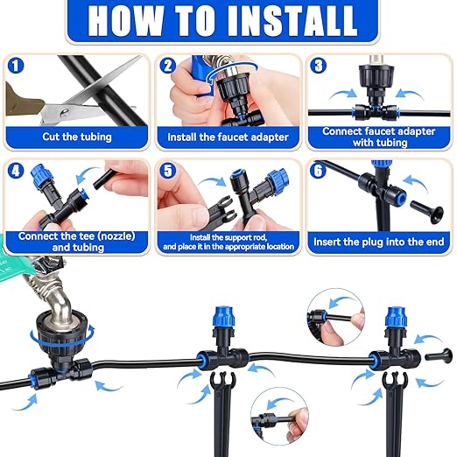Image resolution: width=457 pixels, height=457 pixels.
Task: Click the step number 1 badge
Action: click(x=16, y=66)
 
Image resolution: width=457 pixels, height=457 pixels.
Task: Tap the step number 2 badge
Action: click(x=168, y=66)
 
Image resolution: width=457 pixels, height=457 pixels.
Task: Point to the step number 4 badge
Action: click(x=16, y=169)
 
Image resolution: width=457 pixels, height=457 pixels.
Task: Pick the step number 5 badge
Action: click(x=168, y=169)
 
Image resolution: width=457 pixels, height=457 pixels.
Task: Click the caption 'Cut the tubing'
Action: click(x=76, y=137)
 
